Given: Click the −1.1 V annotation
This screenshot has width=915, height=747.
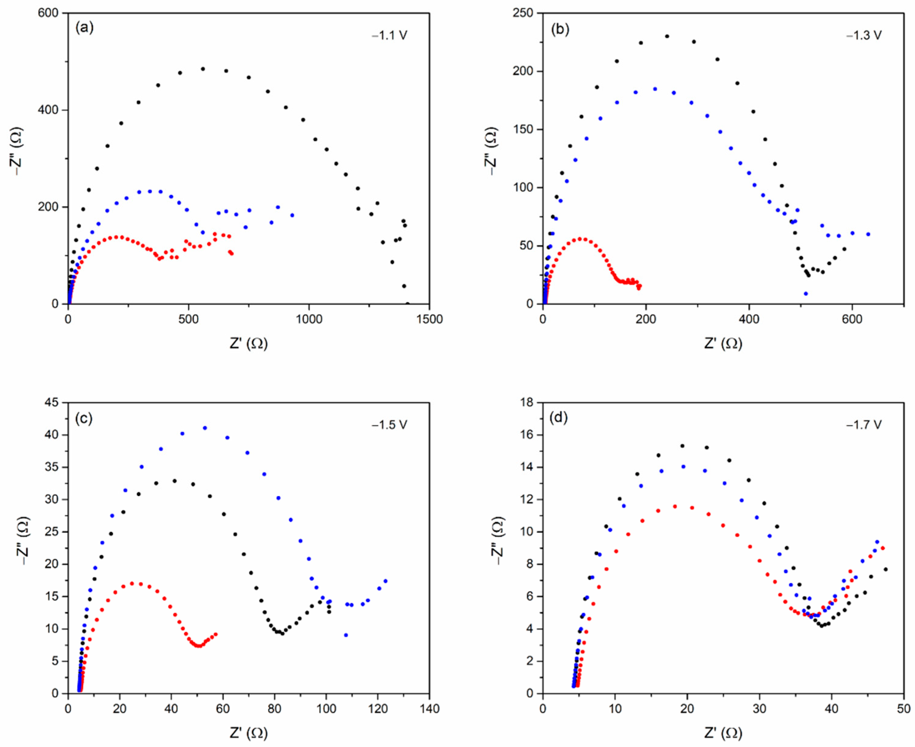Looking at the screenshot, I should pyautogui.click(x=389, y=35).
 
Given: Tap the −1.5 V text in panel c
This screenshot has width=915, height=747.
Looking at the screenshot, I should pyautogui.click(x=389, y=425).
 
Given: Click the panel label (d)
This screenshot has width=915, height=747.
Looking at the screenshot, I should pyautogui.click(x=559, y=417).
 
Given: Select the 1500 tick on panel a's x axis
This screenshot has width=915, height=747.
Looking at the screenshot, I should pyautogui.click(x=429, y=319).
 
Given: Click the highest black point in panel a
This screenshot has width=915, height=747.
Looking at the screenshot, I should pyautogui.click(x=203, y=69).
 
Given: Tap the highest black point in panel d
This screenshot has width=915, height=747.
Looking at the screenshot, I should pyautogui.click(x=682, y=446).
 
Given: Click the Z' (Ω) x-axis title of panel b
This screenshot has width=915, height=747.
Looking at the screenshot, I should pyautogui.click(x=723, y=343).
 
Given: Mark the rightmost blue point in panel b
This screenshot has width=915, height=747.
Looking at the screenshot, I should pyautogui.click(x=868, y=234).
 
